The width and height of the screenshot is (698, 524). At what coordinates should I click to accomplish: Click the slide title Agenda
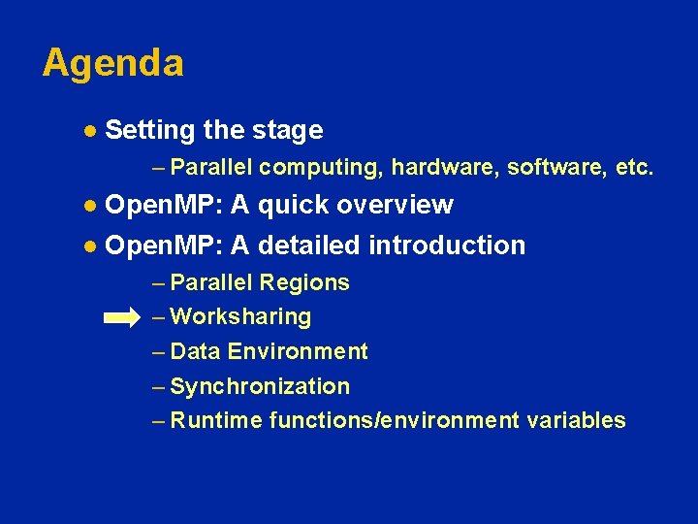pyautogui.click(x=112, y=64)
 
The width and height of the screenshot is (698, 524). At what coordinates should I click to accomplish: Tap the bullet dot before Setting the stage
pyautogui.click(x=89, y=130)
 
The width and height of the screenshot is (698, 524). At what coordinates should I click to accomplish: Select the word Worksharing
pyautogui.click(x=240, y=317)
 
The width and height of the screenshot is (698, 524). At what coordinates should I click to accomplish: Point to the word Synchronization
pyautogui.click(x=260, y=386)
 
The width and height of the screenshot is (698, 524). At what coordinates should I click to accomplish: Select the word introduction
pyautogui.click(x=447, y=246)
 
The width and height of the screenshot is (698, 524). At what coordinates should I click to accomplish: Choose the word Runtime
pyautogui.click(x=216, y=420)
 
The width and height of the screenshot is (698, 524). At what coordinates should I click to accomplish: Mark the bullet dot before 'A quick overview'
pyautogui.click(x=89, y=206)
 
